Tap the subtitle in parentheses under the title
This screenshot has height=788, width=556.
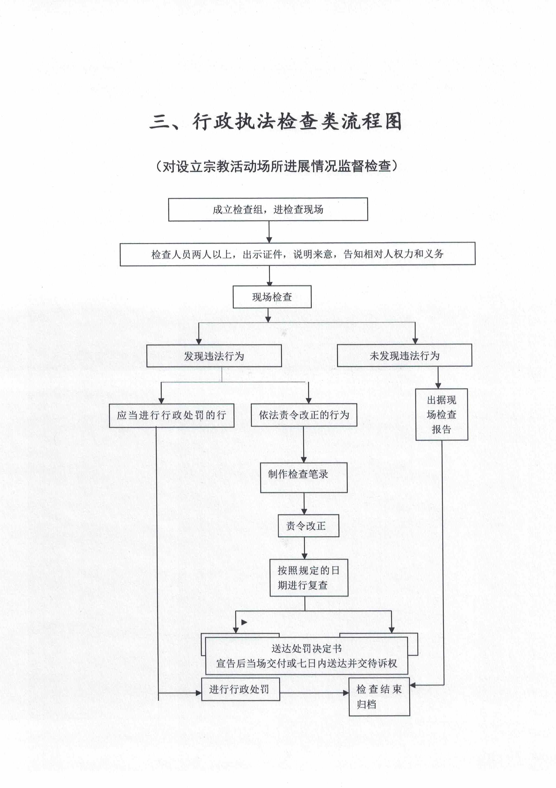[x=276, y=166]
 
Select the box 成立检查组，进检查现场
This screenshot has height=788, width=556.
[x=268, y=209]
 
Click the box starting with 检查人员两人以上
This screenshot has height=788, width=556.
[x=297, y=254]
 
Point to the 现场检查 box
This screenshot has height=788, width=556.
[x=272, y=297]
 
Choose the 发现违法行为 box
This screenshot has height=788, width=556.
[x=214, y=356]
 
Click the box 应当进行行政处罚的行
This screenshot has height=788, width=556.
[x=172, y=415]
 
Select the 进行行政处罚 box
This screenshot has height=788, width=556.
[x=240, y=689]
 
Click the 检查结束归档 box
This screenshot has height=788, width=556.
[x=379, y=697]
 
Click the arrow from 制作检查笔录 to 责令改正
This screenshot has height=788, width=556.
[x=304, y=503]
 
